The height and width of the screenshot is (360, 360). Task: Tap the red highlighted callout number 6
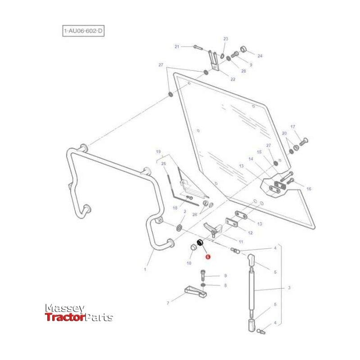207,256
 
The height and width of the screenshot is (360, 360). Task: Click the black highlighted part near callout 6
201,243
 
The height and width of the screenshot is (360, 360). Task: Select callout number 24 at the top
259,56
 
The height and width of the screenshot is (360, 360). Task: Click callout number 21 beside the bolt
177,47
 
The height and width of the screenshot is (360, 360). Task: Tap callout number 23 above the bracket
226,39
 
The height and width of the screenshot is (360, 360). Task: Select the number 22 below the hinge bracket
233,79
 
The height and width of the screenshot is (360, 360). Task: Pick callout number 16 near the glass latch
308,189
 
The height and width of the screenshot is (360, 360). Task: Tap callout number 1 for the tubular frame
145,270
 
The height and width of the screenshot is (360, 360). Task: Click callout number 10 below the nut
189,263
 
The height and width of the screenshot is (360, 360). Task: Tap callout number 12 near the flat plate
251,233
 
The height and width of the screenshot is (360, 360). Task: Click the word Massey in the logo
64,308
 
